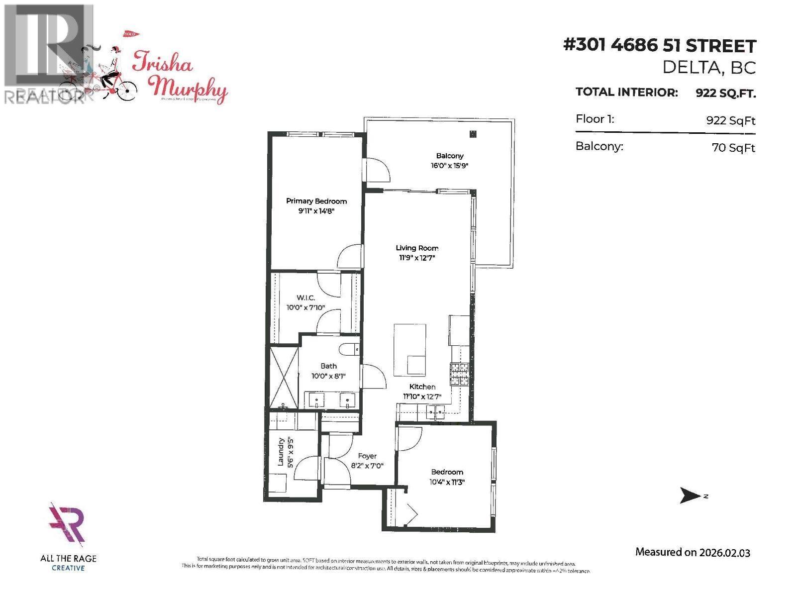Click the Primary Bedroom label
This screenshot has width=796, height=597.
tap(316, 201)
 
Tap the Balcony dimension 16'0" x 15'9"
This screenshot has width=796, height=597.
tap(450, 166)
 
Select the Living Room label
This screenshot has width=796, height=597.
tap(417, 248)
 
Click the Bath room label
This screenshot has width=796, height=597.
tap(328, 366)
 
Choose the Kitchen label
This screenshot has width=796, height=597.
tap(422, 387)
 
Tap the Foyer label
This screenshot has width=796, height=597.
tap(367, 456)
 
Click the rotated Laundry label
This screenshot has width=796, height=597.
tap(281, 452)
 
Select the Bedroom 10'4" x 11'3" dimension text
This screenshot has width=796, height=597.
tap(447, 482)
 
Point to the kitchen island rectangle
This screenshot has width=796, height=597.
tap(410, 348)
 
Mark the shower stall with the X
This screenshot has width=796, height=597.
tap(283, 378)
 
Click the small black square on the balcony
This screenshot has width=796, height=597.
tap(473, 134)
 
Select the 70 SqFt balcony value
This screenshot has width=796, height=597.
tap(733, 148)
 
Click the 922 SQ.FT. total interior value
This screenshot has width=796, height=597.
tap(725, 93)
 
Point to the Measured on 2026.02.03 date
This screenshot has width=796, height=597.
tap(693, 552)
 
